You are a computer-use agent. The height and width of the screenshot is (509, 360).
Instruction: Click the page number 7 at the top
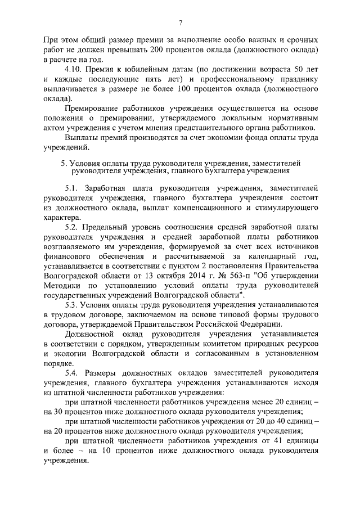click(x=180, y=22)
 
